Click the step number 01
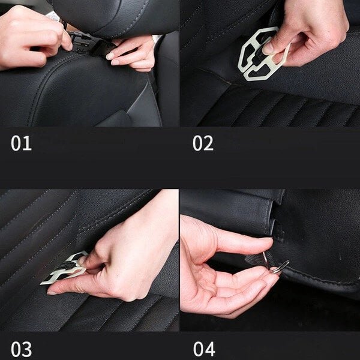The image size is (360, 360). pos(21,143)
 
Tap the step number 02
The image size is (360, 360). pos(202,143)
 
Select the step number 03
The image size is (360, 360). pos(21,349)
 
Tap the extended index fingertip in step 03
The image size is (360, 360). pos(52,292)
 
